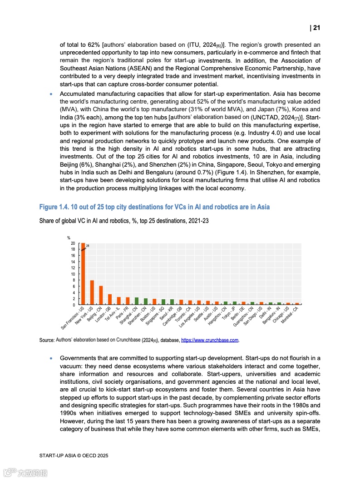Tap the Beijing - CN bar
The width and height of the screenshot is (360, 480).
(x=101, y=295)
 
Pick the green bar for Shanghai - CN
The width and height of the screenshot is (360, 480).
(x=137, y=301)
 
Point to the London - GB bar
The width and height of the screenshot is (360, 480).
(x=110, y=299)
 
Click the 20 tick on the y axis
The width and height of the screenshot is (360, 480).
(x=73, y=243)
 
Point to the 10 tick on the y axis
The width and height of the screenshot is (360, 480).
(x=73, y=274)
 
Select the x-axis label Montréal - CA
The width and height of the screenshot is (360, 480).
(x=290, y=315)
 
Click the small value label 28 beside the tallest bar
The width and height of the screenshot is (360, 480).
(x=88, y=246)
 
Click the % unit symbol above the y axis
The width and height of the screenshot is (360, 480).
(x=69, y=238)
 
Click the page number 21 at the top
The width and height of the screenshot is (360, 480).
(x=316, y=28)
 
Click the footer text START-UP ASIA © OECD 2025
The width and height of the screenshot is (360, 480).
(x=74, y=455)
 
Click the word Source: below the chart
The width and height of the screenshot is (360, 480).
(x=47, y=340)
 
